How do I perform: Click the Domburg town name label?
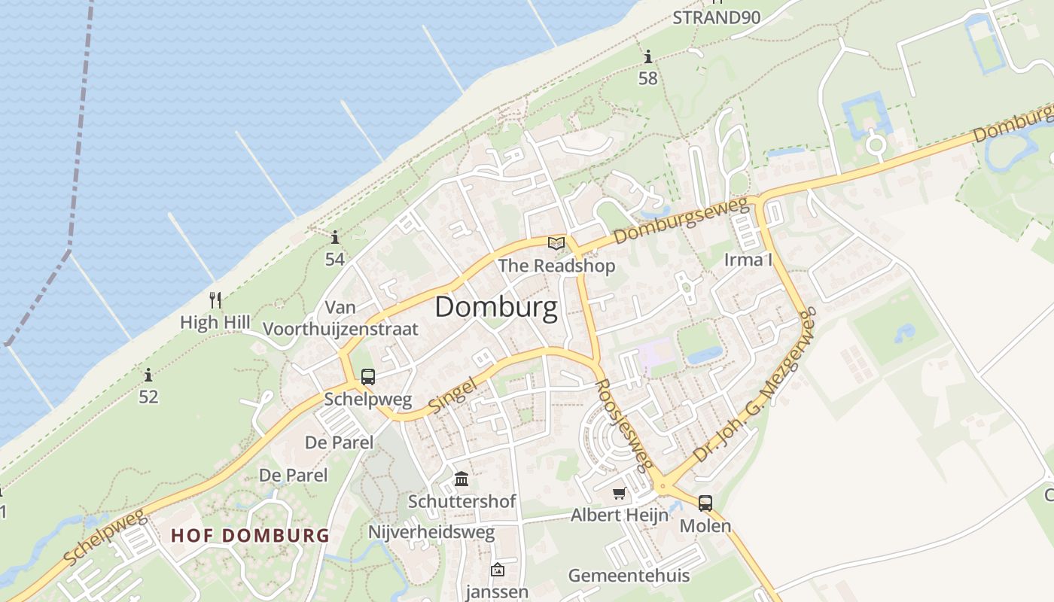coord(496,307)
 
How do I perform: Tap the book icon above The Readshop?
coord(556,243)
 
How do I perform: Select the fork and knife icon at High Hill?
coord(215,300)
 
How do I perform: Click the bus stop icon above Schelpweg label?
coord(367,377)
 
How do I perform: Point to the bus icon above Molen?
coord(705,503)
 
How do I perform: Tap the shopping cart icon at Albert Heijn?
coord(619,494)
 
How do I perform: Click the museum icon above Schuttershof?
coord(462,479)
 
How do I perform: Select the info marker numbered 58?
coord(648,56)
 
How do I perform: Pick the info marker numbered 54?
coord(335,238)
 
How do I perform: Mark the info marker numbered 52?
coord(148,375)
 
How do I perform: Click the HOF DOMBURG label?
coord(250,536)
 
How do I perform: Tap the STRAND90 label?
coord(716,17)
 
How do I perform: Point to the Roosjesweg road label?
coord(623,423)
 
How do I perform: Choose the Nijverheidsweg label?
coord(431,533)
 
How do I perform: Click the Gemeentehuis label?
coord(629,576)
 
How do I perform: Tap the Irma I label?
coord(748,260)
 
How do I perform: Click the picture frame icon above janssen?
coord(497,570)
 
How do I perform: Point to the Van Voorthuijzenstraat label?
coord(340,318)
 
